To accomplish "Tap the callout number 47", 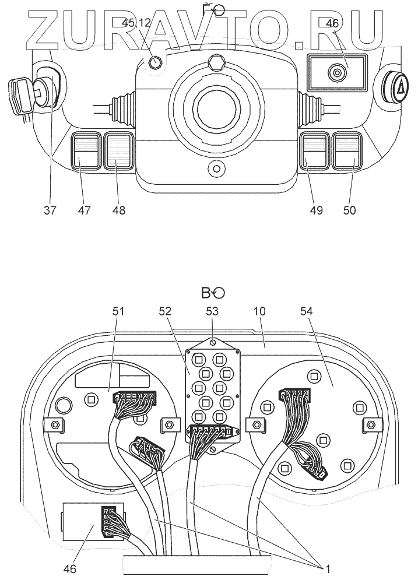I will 86,210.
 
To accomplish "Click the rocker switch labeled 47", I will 86,151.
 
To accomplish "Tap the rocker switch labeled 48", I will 118,151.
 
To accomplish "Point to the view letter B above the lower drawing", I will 206,291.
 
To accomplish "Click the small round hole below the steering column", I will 216,169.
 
